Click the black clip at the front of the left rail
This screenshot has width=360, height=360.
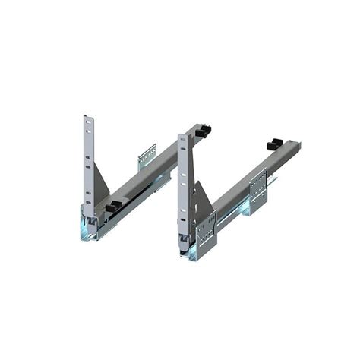(114, 205)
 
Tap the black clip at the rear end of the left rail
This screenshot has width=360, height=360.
(203, 131)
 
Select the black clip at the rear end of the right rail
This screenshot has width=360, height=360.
(274, 144)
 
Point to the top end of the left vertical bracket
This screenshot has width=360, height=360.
(86, 118)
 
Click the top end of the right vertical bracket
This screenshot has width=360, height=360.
(182, 137)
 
